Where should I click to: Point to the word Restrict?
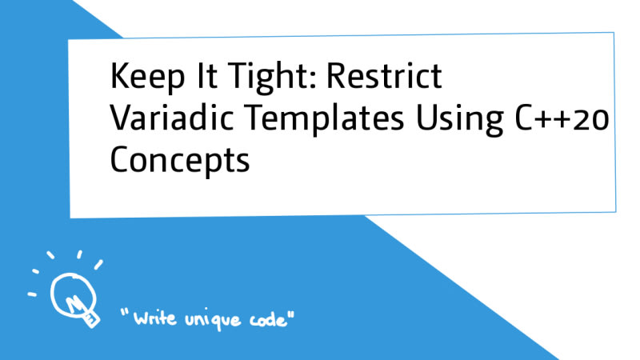click(384, 75)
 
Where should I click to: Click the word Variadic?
click(171, 118)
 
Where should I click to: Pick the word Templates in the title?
click(325, 119)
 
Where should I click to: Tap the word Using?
click(459, 119)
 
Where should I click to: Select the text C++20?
click(562, 118)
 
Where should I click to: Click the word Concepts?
click(179, 161)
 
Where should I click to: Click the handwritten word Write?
click(155, 318)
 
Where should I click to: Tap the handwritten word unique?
click(213, 320)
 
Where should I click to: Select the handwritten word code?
click(267, 319)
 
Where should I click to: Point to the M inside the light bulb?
click(74, 304)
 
